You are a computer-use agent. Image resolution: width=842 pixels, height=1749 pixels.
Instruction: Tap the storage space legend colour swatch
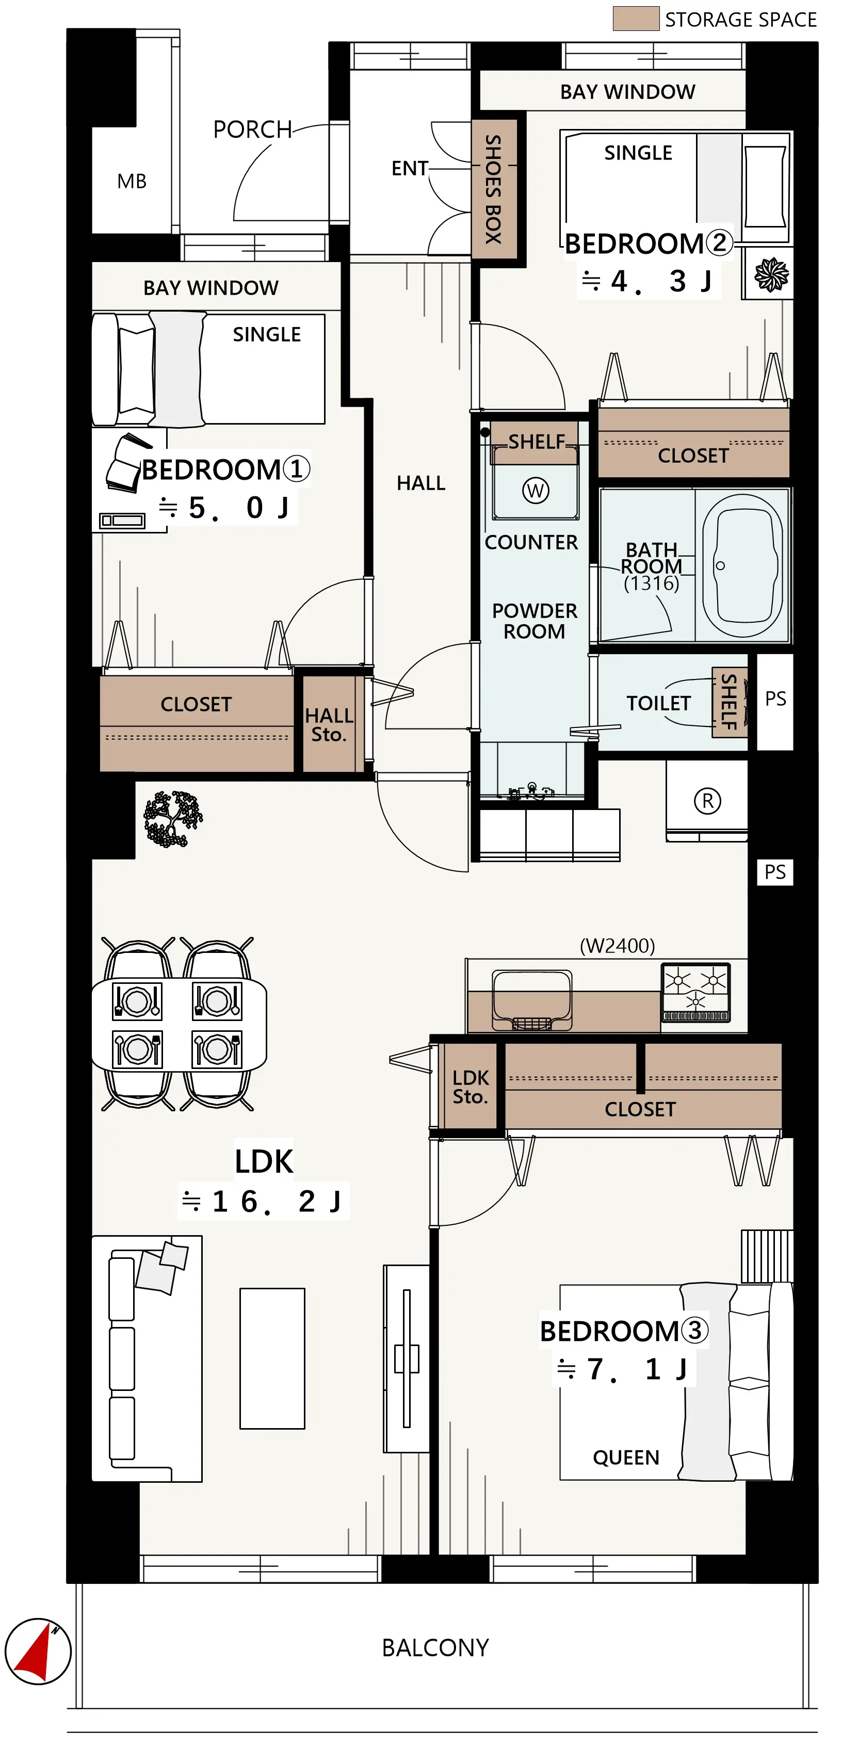point(635,19)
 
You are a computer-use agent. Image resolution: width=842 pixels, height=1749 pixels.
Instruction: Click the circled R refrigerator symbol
point(707,801)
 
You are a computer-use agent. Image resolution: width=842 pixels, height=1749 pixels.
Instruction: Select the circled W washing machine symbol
point(535,490)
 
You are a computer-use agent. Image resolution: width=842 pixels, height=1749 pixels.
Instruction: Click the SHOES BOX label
point(494,189)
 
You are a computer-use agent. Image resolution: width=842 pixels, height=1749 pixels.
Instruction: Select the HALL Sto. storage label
point(329,724)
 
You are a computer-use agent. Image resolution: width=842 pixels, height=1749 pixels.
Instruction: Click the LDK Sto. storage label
point(470,1087)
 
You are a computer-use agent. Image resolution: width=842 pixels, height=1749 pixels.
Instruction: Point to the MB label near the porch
point(132,181)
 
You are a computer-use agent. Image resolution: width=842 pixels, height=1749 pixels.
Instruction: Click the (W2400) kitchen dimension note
point(617,946)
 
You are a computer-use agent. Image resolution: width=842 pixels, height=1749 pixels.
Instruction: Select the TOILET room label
point(657,703)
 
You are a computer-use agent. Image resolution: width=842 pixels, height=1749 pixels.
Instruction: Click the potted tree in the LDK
point(172,819)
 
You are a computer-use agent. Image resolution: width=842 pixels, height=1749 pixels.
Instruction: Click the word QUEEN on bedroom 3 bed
point(625,1457)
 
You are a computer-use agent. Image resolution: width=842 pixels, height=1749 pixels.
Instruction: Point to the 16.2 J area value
point(264,1201)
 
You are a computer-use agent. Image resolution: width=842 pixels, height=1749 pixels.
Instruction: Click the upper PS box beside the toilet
point(775,699)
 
